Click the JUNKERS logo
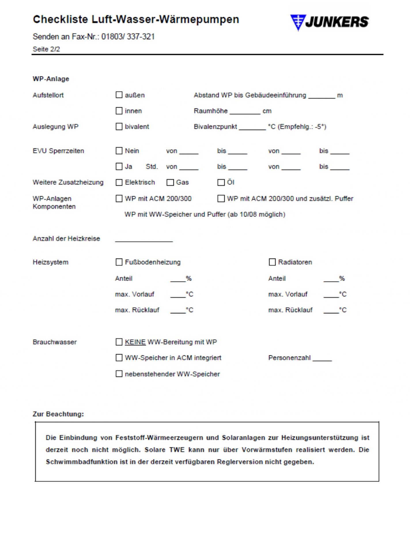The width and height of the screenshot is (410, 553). click(x=329, y=22)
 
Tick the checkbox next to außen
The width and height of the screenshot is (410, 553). click(x=119, y=95)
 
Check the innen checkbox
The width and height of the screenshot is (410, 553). click(x=119, y=111)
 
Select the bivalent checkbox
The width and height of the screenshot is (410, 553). click(x=119, y=126)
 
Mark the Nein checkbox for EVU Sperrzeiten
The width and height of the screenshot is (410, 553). click(x=119, y=151)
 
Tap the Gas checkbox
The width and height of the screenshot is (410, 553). click(x=170, y=182)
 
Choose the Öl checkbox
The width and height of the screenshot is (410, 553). click(x=221, y=182)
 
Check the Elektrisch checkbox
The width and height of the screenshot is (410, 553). click(x=119, y=182)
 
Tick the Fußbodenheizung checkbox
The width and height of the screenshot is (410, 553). click(x=119, y=262)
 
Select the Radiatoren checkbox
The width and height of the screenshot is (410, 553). click(x=272, y=262)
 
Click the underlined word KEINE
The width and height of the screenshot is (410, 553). click(x=135, y=342)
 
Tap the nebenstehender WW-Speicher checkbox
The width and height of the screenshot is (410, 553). click(x=119, y=374)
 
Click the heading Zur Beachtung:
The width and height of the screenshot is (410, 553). click(x=58, y=414)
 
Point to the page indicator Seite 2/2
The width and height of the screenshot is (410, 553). click(x=46, y=49)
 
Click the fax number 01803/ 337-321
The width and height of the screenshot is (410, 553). click(x=128, y=37)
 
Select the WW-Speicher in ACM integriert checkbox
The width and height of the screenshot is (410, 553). click(x=119, y=357)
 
